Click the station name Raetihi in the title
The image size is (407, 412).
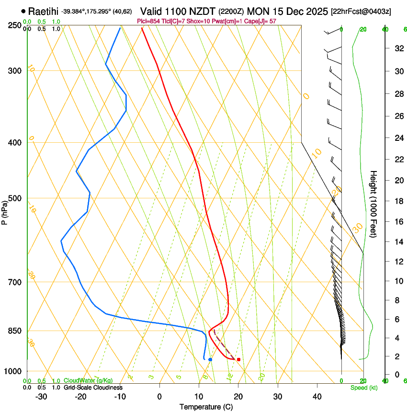click(x=44, y=11)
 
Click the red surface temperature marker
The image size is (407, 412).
click(x=238, y=359)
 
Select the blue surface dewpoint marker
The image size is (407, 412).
click(x=210, y=359)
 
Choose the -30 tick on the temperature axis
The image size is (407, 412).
click(x=41, y=396)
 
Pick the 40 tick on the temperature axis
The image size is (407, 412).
click(x=317, y=396)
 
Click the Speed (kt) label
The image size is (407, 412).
click(x=363, y=388)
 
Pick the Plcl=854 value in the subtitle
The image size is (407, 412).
click(x=147, y=21)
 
